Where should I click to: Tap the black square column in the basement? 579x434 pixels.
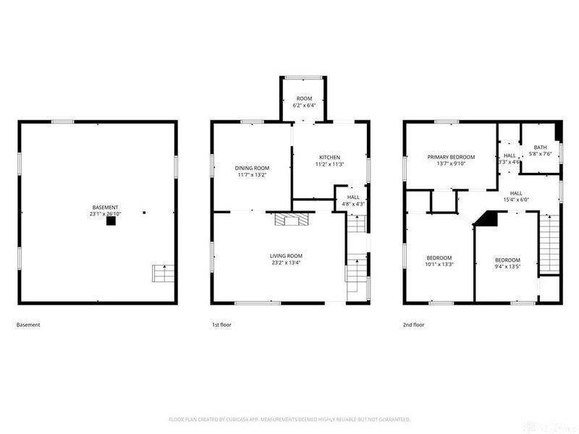(x=111, y=223)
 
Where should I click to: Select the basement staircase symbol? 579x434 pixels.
(x=163, y=273)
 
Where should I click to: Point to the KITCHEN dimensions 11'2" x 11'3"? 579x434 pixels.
(x=329, y=164)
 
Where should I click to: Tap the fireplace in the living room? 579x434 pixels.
(x=290, y=219)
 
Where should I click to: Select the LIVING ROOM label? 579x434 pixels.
(x=287, y=255)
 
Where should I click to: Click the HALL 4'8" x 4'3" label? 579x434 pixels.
(x=353, y=197)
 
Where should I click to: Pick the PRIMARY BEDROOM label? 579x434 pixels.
(x=450, y=157)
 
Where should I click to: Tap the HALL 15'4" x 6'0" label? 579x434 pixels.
(x=515, y=193)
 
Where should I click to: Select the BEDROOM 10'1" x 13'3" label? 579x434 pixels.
(x=439, y=258)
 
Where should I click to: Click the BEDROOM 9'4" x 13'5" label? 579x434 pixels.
(x=507, y=260)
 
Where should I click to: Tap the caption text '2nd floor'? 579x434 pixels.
(x=413, y=325)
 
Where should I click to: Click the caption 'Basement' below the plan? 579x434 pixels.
(x=28, y=325)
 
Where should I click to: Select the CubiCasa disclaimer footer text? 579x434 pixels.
(x=289, y=419)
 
